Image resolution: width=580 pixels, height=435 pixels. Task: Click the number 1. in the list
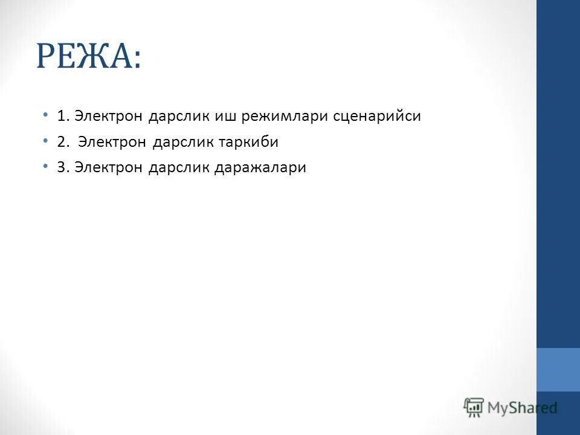[63, 116]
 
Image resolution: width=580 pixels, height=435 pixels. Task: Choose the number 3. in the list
[63, 168]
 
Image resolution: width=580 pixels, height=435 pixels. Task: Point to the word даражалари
[260, 169]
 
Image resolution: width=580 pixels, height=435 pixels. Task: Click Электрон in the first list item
[109, 116]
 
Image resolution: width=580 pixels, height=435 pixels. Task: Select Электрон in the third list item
[109, 168]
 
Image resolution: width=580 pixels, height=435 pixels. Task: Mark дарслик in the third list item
[179, 168]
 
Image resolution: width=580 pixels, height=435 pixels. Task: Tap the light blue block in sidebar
[558, 369]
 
